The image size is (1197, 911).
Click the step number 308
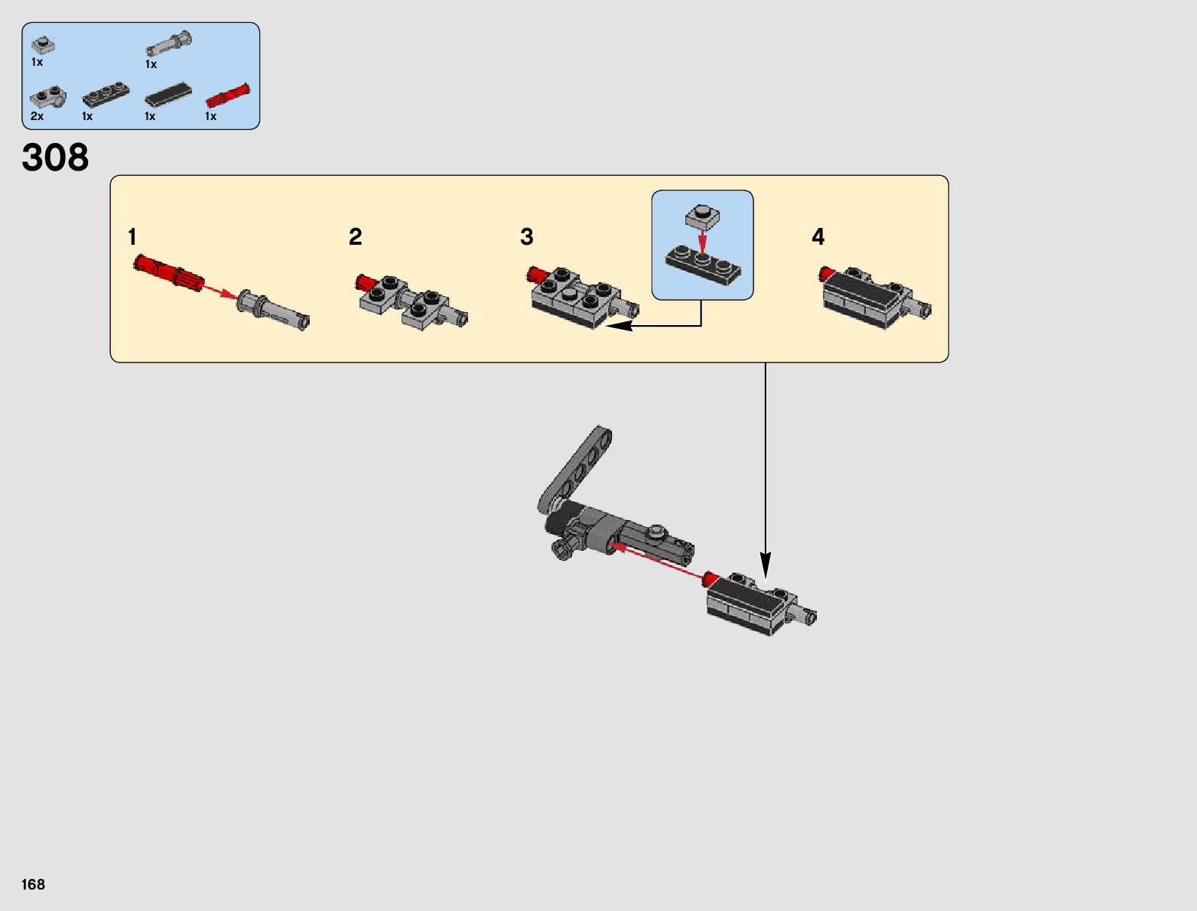click(x=55, y=158)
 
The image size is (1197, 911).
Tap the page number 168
click(x=34, y=884)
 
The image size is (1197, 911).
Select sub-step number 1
click(x=132, y=237)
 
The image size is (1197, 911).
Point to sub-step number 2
click(x=355, y=237)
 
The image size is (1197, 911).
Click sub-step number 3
click(x=526, y=237)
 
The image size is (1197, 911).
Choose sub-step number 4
click(x=818, y=237)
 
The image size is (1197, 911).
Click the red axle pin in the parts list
click(x=228, y=96)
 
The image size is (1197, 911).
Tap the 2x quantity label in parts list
click(x=37, y=116)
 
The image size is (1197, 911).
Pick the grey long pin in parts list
click(x=169, y=43)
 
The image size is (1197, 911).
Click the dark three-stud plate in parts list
click(x=106, y=94)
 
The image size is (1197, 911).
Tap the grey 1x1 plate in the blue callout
click(x=703, y=216)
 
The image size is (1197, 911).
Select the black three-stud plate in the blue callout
click(x=703, y=265)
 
